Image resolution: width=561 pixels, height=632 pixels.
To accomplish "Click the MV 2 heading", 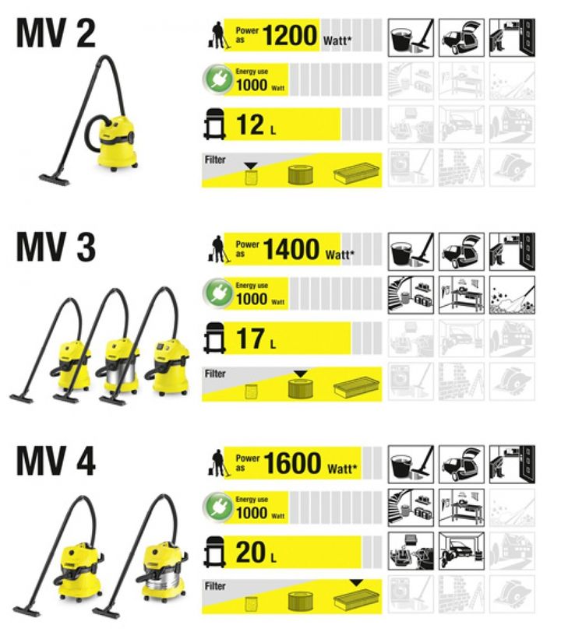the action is (55, 33).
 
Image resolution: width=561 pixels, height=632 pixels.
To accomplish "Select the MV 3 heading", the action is (55, 247).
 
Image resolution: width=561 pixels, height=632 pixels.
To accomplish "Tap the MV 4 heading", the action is (55, 461).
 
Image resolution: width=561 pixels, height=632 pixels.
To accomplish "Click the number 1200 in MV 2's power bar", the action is (290, 35).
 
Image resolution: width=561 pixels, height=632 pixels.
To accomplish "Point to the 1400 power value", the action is (291, 249).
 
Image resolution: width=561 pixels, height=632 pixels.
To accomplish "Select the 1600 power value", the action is (292, 463).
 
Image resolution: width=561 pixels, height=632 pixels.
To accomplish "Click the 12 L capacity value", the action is (256, 125).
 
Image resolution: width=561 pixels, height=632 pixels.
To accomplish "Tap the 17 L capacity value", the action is (256, 339).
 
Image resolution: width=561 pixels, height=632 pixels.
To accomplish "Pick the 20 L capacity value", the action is (256, 552).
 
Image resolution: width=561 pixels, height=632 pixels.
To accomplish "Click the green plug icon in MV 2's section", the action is (218, 79).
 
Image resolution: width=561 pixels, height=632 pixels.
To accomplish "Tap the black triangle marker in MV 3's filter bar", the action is (300, 374).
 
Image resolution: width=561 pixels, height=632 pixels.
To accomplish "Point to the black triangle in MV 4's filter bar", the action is (356, 583).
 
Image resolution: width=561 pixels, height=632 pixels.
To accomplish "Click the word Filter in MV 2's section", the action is (215, 160).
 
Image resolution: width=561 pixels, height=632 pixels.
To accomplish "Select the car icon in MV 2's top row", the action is (461, 37).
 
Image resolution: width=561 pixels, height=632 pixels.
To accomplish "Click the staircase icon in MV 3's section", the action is (411, 295).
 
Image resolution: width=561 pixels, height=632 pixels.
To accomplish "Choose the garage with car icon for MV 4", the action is (461, 550).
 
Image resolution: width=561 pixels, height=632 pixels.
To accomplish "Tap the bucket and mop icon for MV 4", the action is (411, 465).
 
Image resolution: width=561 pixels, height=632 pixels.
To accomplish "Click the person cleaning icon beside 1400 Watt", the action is (217, 250).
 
